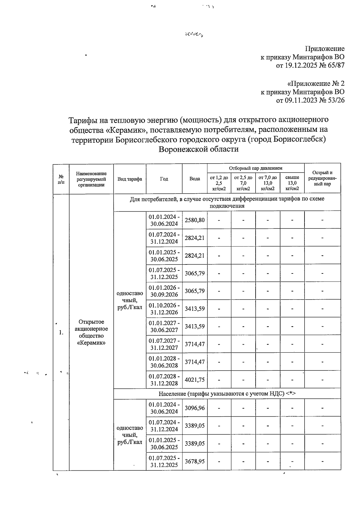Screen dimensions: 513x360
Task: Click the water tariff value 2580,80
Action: (x=195, y=220)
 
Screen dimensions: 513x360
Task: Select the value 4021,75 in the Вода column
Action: (x=195, y=380)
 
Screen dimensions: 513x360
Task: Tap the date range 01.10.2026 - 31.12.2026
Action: (x=164, y=309)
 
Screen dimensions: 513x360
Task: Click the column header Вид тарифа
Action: (x=130, y=179)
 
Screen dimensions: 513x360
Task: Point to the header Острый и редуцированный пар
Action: (x=322, y=178)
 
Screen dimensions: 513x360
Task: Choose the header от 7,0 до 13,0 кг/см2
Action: (x=268, y=183)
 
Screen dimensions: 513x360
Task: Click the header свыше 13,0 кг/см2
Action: (x=292, y=183)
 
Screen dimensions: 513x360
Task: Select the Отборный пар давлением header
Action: (x=256, y=168)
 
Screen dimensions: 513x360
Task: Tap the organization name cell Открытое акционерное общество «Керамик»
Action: (x=91, y=332)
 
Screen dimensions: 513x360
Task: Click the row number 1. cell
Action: (x=61, y=332)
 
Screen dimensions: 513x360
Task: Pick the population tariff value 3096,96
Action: (x=195, y=408)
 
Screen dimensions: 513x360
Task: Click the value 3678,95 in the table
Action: (x=195, y=461)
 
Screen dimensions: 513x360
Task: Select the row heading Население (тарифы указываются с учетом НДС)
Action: (x=227, y=394)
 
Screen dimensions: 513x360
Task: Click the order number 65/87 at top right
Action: (x=337, y=65)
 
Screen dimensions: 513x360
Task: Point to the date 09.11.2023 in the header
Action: (x=300, y=100)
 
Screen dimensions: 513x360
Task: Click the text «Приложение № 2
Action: (x=316, y=83)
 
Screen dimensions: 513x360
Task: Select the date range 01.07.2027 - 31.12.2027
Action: (x=164, y=344)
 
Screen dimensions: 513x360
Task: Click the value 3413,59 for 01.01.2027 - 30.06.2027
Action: (x=195, y=326)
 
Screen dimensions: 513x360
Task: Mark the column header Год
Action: (x=164, y=179)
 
